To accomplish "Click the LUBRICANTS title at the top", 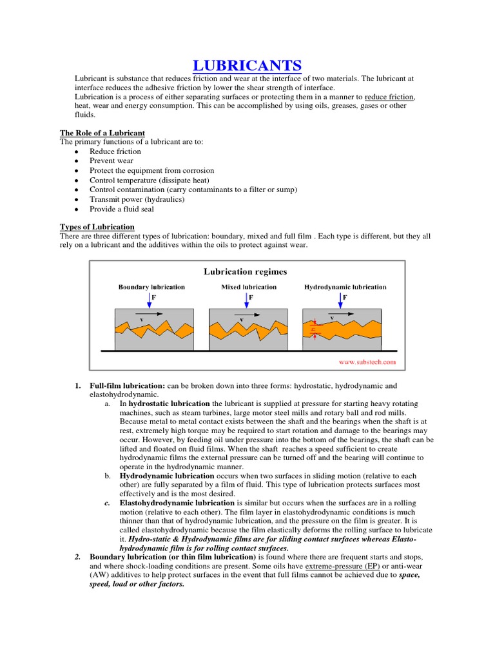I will [247, 66].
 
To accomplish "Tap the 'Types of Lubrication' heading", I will [97, 227].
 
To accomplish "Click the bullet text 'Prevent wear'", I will [112, 161].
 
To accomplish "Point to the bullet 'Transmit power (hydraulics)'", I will [137, 199].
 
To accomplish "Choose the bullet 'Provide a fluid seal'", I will [122, 209].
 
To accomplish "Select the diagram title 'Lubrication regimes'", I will [246, 272].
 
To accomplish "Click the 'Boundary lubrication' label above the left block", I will [151, 287].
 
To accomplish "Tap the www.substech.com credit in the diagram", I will [367, 362].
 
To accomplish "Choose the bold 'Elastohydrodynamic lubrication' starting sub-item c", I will [177, 503].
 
